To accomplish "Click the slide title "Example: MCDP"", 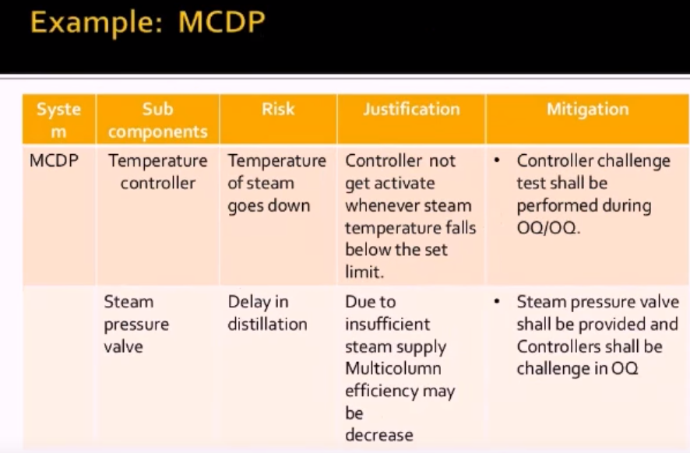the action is (x=148, y=22).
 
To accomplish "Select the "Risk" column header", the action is (x=278, y=109).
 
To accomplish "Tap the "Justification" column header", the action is (x=411, y=109).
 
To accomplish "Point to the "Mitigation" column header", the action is (x=588, y=109).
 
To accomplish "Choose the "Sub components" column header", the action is (x=157, y=120).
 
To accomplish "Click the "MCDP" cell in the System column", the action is (x=54, y=160).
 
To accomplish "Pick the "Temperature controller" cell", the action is (x=157, y=172).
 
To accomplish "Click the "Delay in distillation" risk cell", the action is (x=267, y=313).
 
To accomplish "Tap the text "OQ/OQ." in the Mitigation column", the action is (x=548, y=228).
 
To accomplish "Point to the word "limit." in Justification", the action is (x=364, y=272).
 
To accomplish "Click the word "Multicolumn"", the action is (x=393, y=369).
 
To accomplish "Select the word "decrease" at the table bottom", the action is (x=379, y=435).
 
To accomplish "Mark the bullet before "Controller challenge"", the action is (x=497, y=160).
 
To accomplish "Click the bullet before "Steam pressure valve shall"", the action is (x=497, y=301).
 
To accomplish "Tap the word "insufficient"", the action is (x=387, y=324).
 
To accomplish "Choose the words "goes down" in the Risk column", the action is (x=269, y=205).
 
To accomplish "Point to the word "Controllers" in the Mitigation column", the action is (x=555, y=346).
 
